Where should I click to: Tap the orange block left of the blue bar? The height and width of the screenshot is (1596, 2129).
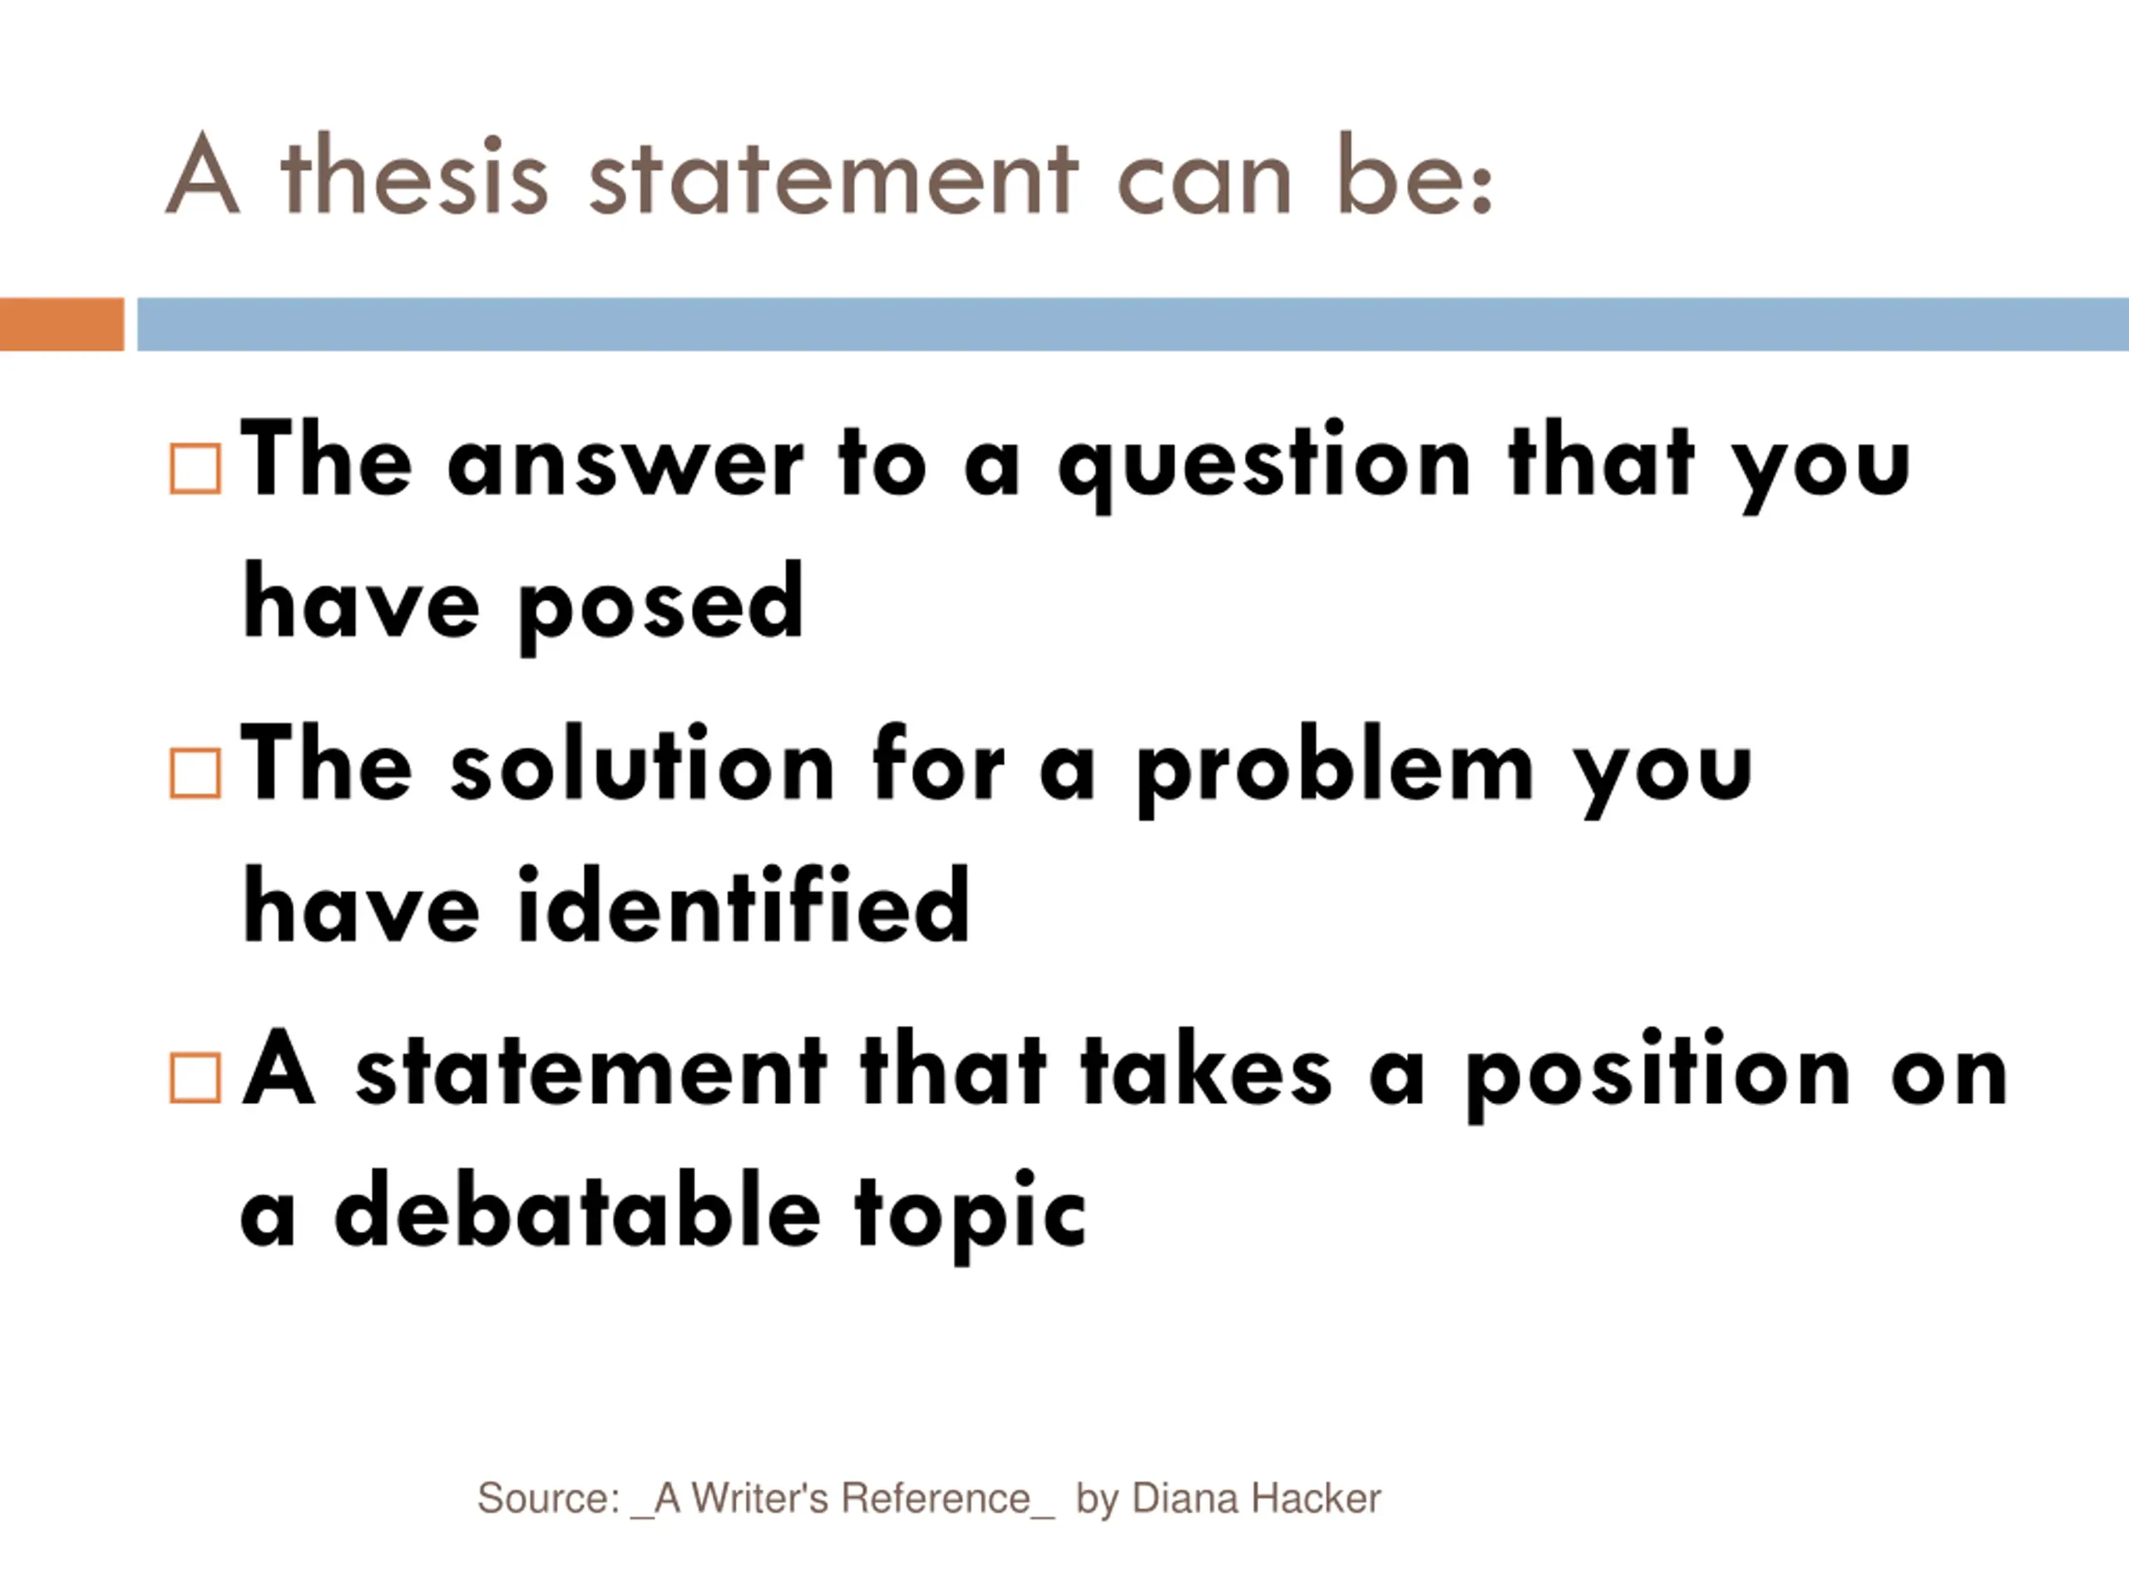click(62, 324)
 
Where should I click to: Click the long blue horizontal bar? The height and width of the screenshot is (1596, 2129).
click(1133, 324)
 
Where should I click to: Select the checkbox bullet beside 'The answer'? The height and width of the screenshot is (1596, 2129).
click(195, 469)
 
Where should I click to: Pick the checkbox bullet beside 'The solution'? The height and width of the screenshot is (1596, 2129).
click(195, 773)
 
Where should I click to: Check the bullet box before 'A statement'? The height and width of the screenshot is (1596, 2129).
click(195, 1077)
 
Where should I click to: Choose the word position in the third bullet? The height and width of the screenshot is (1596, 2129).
click(1658, 1076)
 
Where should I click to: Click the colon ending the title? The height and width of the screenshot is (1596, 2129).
click(1481, 189)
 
